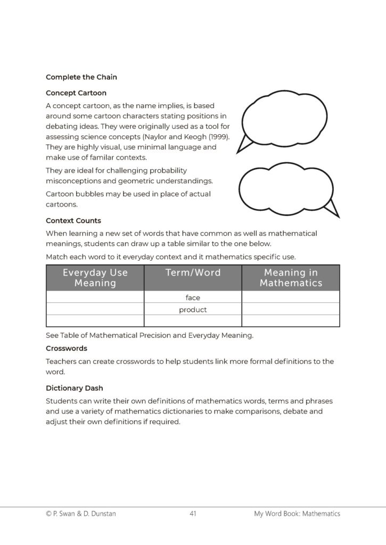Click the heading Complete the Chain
[x=81, y=77]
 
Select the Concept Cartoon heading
[x=76, y=93]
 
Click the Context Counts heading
[x=73, y=220]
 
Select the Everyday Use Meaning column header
[x=95, y=278]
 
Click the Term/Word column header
[x=193, y=273]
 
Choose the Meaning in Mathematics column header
[x=291, y=278]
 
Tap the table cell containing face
[x=193, y=298]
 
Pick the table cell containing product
[x=193, y=309]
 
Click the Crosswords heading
[x=67, y=349]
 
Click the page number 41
[x=193, y=514]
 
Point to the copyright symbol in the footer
[x=49, y=514]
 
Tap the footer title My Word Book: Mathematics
[x=297, y=514]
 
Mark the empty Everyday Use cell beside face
[x=95, y=298]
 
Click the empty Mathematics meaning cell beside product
[x=291, y=309]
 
